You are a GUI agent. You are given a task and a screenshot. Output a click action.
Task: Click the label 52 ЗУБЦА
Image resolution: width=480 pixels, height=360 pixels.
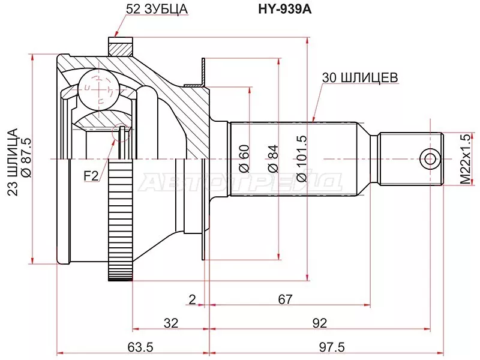pyautogui.click(x=157, y=9)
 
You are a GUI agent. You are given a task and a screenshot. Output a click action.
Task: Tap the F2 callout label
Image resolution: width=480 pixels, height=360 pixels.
pyautogui.click(x=91, y=176)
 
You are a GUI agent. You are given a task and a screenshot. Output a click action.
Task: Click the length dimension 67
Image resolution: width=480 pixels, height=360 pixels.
pyautogui.click(x=285, y=299)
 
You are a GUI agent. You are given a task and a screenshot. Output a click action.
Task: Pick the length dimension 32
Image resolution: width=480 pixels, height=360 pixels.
pyautogui.click(x=171, y=323)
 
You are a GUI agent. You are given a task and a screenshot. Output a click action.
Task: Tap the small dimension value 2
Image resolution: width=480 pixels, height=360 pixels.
pyautogui.click(x=191, y=299)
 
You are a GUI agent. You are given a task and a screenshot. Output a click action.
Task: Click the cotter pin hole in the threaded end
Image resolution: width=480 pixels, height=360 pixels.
pyautogui.click(x=429, y=158)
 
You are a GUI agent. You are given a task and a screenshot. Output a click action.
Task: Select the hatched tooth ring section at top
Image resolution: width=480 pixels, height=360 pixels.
pyautogui.click(x=120, y=46)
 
